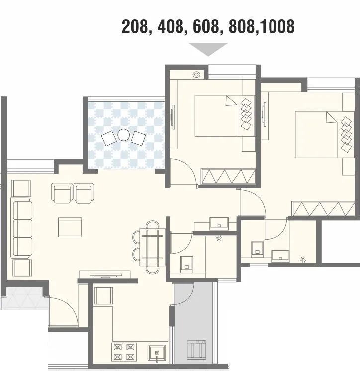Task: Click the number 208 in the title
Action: (x=135, y=26)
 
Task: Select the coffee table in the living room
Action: (x=70, y=227)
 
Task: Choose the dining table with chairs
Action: (x=152, y=246)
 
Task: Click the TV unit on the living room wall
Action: (x=104, y=274)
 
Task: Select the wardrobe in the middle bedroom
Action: (x=228, y=176)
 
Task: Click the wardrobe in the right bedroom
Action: (x=323, y=208)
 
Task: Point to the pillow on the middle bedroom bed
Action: (x=232, y=101)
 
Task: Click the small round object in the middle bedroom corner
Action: (x=196, y=75)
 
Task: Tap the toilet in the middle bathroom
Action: (x=186, y=263)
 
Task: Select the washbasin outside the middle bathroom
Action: (x=218, y=223)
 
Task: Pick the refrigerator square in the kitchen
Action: (x=103, y=296)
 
